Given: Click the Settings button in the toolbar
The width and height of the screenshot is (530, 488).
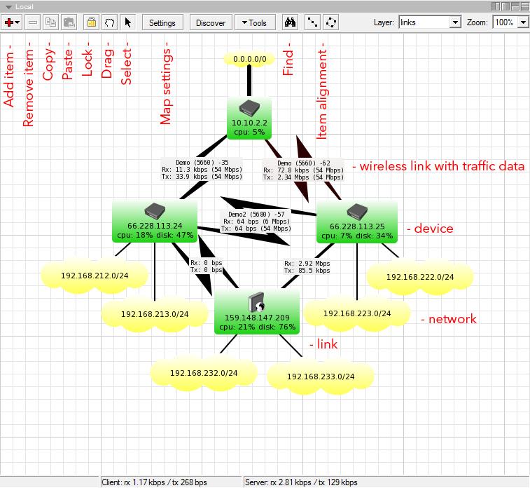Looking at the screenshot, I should pos(162,22).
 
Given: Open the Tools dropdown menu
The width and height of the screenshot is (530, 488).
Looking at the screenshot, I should pos(255,22).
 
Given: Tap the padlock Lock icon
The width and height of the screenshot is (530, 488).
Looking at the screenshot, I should pos(91,22).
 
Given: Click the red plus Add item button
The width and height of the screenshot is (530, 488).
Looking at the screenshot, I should pos(12,22).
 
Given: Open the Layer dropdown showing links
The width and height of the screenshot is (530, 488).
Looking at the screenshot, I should pos(429,22).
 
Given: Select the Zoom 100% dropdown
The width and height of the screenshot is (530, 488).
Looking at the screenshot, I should pos(511,22).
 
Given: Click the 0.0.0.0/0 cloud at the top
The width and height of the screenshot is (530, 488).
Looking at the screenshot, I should pos(249,60).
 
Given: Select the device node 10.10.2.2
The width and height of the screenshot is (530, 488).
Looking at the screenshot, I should pos(249,118).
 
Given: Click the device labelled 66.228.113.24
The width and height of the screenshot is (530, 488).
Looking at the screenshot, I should pos(155,221).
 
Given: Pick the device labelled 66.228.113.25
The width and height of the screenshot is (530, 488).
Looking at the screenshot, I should pos(357,221).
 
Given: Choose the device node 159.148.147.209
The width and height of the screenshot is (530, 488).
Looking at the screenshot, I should pos(257,313).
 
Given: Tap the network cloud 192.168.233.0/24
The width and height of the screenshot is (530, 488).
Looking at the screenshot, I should pos(320,377).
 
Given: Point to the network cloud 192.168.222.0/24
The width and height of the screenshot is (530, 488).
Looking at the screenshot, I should pos(419,277).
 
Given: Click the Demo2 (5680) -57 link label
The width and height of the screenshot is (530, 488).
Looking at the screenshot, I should pos(256,221).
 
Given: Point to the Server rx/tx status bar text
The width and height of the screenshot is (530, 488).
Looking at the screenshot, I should pos(300,482).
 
